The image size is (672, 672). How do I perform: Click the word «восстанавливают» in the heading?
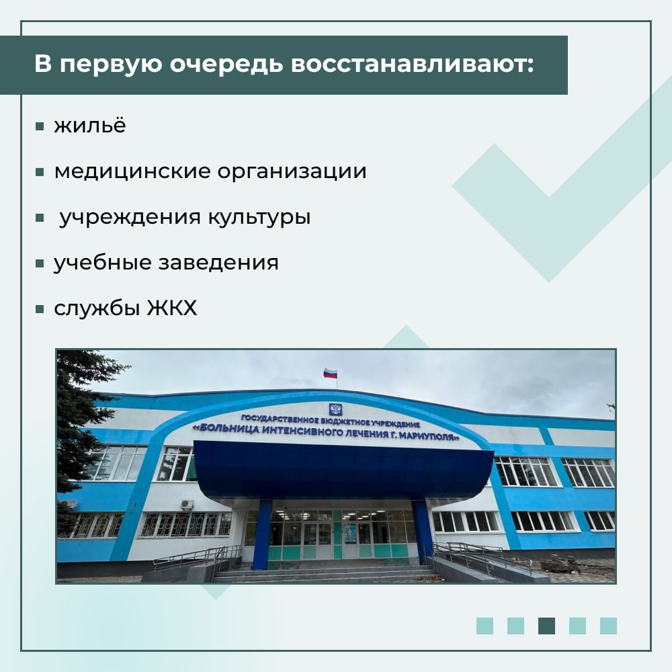pyautogui.click(x=413, y=65)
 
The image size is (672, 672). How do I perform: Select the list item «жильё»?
pyautogui.click(x=90, y=125)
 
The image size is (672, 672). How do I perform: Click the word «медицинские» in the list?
pyautogui.click(x=132, y=172)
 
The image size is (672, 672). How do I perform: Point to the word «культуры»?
pyautogui.click(x=259, y=217)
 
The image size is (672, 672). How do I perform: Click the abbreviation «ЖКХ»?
pyautogui.click(x=172, y=308)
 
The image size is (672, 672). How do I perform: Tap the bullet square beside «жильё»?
pyautogui.click(x=40, y=126)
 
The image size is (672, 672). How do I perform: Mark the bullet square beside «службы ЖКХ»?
pyautogui.click(x=40, y=308)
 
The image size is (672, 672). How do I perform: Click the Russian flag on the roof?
pyautogui.click(x=330, y=373)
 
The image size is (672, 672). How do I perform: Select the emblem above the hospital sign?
pyautogui.click(x=335, y=409)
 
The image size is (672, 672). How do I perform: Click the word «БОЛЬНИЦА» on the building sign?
pyautogui.click(x=228, y=428)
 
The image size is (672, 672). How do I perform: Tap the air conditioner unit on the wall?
pyautogui.click(x=187, y=505)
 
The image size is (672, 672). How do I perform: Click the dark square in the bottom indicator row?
pyautogui.click(x=546, y=626)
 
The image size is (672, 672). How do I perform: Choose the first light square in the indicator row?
pyautogui.click(x=485, y=626)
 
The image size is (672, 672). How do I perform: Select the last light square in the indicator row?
pyautogui.click(x=608, y=626)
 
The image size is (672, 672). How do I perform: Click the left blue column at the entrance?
pyautogui.click(x=262, y=534)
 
